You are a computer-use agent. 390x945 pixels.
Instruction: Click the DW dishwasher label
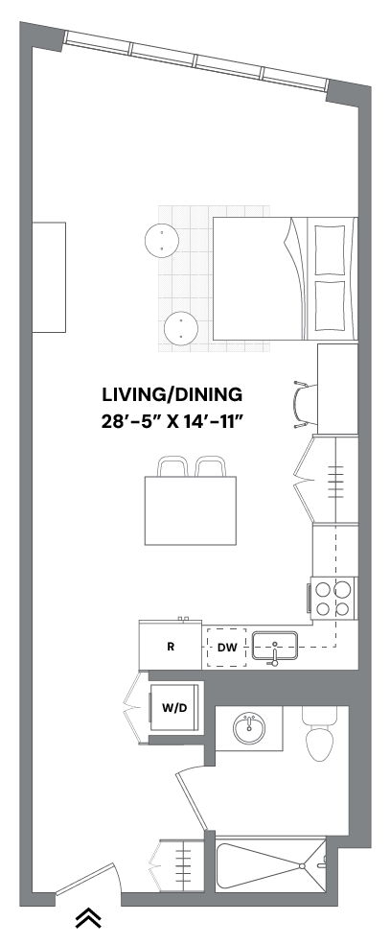(227, 648)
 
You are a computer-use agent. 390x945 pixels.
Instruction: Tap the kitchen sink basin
(275, 643)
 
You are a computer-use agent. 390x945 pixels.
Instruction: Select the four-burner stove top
(333, 597)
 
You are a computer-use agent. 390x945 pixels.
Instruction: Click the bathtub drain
(302, 865)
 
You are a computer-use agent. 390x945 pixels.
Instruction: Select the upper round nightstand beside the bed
(162, 240)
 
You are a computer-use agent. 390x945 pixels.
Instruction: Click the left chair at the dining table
(172, 467)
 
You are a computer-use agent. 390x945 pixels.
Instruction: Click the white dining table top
(190, 510)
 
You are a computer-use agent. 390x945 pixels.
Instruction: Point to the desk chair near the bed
(305, 403)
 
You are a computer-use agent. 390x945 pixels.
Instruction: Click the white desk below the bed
(337, 389)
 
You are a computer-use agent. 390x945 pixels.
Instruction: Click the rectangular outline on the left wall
(49, 277)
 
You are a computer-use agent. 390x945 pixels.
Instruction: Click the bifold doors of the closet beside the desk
(304, 479)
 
